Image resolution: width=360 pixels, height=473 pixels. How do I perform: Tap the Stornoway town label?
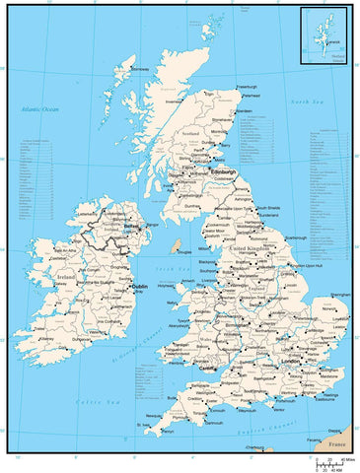point(140,69)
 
